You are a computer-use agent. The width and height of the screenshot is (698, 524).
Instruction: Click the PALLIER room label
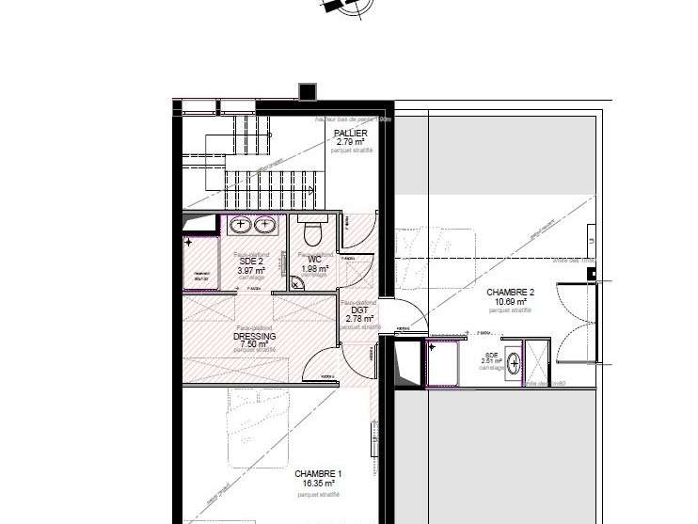(x=350, y=134)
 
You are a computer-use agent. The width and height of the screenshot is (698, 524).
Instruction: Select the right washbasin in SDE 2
(x=265, y=225)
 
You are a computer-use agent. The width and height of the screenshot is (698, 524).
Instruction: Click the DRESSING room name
(x=254, y=336)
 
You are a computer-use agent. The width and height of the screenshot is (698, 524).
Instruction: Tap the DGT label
(x=359, y=310)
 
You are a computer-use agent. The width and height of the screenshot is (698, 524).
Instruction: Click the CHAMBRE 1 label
(x=318, y=474)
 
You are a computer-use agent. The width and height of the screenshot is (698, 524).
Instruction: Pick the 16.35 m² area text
(x=318, y=484)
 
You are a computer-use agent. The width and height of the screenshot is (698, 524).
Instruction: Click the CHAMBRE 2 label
(x=510, y=293)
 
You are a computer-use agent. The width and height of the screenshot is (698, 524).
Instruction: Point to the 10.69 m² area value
(x=510, y=301)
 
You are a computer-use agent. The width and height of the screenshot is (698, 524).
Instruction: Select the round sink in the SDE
(x=514, y=362)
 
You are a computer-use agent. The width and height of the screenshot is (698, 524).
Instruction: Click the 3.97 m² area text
(x=251, y=270)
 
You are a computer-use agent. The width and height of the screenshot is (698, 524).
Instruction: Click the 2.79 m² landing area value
(x=350, y=142)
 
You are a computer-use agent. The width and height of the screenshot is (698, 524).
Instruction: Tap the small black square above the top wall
(x=308, y=91)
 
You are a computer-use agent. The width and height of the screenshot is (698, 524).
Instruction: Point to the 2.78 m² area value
(x=359, y=319)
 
